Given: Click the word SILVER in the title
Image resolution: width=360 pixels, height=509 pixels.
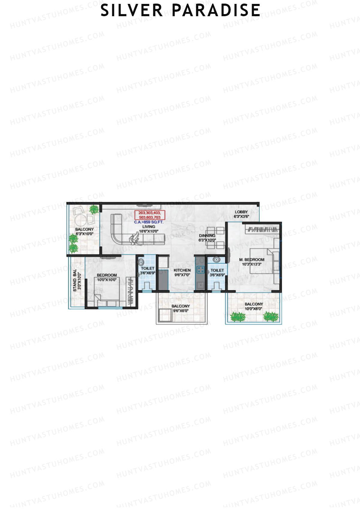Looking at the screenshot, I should click(131, 10).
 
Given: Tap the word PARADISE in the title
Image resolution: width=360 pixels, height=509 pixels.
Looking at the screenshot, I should click(216, 10).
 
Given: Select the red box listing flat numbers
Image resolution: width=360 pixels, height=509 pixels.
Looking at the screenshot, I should click(149, 215).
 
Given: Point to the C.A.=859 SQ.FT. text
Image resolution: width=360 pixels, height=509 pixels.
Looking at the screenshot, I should click(149, 223).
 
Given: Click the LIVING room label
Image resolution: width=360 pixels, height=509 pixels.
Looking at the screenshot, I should click(149, 227).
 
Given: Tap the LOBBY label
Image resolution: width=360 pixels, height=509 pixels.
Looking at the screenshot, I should click(241, 212).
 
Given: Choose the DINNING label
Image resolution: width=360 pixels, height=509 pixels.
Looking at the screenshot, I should click(207, 236).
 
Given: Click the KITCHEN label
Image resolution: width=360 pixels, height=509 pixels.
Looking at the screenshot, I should click(182, 270).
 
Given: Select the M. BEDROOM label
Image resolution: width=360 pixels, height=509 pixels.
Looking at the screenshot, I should click(252, 260).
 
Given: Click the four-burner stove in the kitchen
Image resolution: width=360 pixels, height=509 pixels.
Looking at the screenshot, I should click(200, 270).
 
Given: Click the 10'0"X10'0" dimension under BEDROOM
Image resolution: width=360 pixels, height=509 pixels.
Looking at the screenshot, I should click(107, 280).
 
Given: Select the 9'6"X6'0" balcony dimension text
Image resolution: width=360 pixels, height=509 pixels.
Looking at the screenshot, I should click(181, 311).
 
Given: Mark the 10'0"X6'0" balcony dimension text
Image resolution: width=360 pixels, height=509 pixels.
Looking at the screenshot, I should click(253, 309).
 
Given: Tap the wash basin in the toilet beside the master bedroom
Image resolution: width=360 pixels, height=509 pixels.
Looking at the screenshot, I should click(216, 259).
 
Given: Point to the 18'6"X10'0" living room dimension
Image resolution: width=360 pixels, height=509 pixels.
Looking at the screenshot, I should click(149, 231).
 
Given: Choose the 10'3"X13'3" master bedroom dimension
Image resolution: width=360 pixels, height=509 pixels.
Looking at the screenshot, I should click(252, 264).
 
